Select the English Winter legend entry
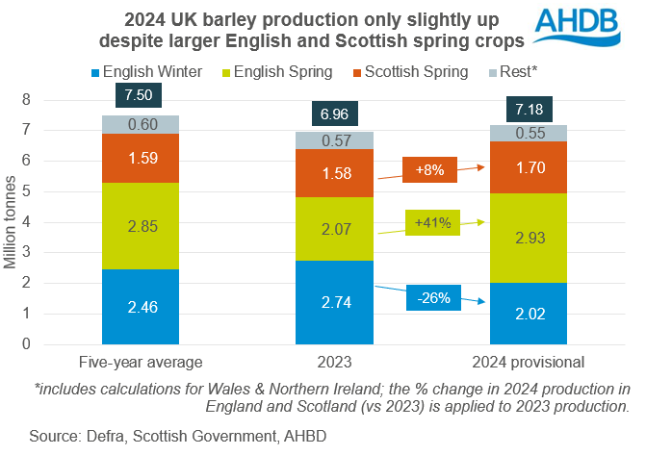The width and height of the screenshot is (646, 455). (x=142, y=71)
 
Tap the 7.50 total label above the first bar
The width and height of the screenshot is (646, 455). (x=141, y=95)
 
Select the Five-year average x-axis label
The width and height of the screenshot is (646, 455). (x=141, y=363)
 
